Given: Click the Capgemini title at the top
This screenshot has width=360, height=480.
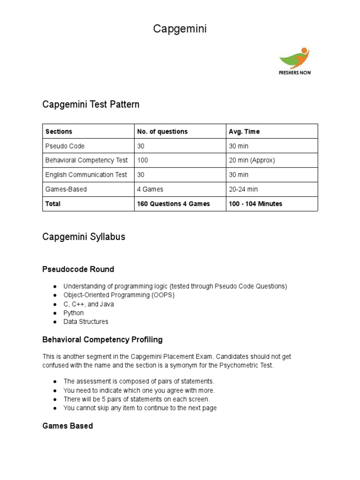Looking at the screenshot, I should point(180,29).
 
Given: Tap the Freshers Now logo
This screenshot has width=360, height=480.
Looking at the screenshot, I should point(294,61).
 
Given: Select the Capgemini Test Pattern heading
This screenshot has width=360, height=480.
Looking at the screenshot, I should point(91,105).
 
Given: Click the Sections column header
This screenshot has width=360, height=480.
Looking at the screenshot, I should point(59,132).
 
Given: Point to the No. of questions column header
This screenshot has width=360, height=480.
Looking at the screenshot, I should point(162,132).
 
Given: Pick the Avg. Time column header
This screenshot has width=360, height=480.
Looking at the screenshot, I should point(244,132).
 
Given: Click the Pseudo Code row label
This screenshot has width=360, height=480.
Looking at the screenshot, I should point(65,146).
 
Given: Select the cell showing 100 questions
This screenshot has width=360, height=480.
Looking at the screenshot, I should point(142,160).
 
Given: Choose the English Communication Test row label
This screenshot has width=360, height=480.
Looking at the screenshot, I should point(86,175).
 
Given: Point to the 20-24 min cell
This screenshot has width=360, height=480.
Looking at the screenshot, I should point(243,189).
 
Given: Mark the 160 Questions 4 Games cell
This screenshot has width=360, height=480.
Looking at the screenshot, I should point(173,204).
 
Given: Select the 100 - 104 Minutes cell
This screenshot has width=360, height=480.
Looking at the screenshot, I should point(255,204).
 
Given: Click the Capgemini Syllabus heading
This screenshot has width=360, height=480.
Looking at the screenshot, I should point(84,237).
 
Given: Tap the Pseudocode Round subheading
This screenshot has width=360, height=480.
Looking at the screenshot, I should point(78,270).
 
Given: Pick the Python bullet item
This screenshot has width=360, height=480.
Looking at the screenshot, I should point(74,313).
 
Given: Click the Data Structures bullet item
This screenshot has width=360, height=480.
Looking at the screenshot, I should point(86,322).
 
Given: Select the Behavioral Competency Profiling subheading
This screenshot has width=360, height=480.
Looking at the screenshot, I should point(103,339).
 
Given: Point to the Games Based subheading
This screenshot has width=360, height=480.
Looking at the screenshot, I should point(67,426).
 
